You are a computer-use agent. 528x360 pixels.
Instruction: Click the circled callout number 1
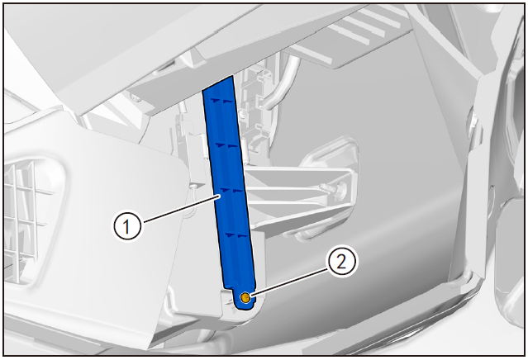(x=126, y=226)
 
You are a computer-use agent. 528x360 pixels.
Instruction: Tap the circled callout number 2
(x=341, y=262)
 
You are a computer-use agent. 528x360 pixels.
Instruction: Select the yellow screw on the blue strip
(x=245, y=297)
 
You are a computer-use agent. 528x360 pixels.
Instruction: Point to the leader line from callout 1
(x=182, y=210)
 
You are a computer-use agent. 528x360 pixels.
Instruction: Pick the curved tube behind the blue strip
(x=281, y=87)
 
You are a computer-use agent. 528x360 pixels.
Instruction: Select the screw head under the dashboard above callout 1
(x=135, y=98)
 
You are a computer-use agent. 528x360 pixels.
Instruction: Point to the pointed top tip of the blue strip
(x=232, y=77)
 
